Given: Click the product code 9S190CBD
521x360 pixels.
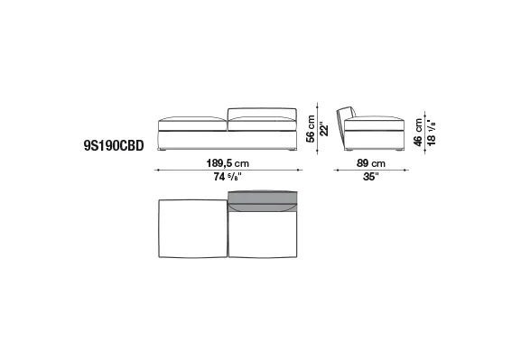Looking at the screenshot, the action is tap(114, 145).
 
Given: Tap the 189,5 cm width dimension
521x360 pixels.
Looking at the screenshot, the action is tap(228, 163).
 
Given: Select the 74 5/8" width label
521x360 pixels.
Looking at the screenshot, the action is tap(228, 177).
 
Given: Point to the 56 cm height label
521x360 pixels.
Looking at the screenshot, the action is tap(311, 128).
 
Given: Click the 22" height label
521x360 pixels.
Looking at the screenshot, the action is tap(324, 131).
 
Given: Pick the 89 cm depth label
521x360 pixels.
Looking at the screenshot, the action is tap(371, 163).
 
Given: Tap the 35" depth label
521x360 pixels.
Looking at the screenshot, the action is tap(371, 177).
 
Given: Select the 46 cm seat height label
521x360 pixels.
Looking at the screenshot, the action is tap(418, 132).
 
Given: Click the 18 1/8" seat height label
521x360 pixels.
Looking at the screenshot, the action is tap(432, 132).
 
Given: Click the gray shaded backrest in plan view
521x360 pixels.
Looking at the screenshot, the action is tap(263, 200).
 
